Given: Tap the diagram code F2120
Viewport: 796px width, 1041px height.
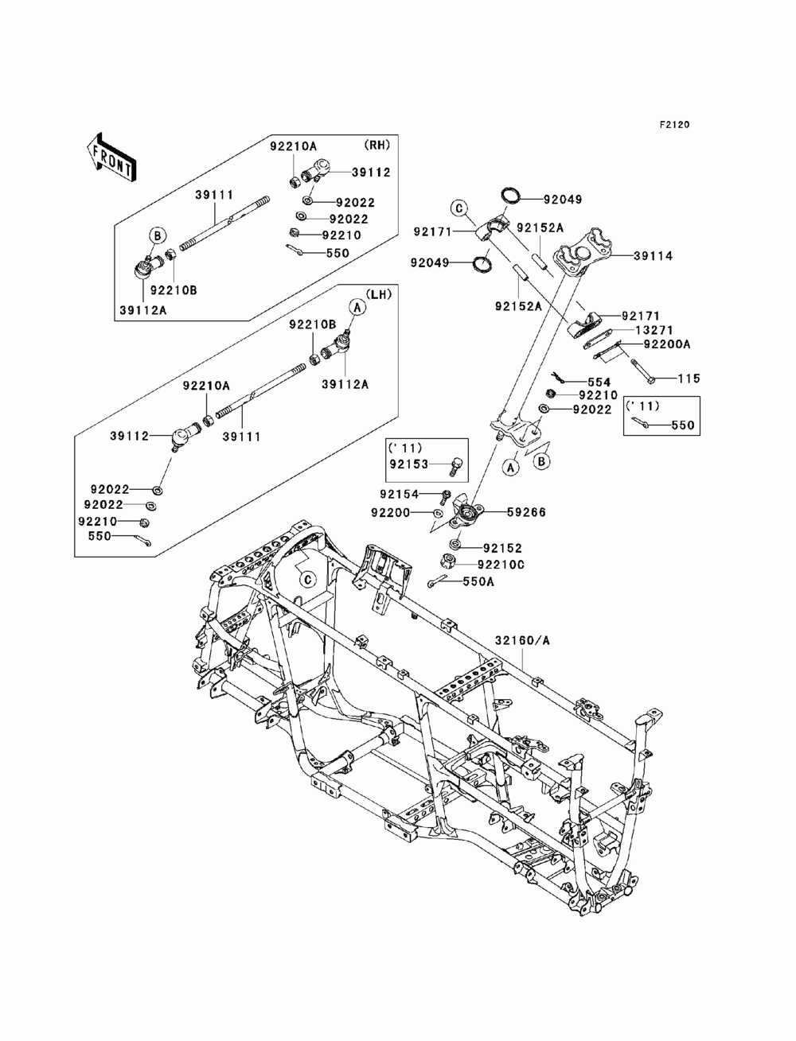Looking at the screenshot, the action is (674, 125).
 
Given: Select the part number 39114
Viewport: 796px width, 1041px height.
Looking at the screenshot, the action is (654, 256).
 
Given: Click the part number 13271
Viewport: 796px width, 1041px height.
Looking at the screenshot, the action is (654, 330).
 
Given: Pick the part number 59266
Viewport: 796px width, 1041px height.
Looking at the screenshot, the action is (526, 512).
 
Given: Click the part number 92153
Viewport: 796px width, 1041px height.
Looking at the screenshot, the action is (409, 464).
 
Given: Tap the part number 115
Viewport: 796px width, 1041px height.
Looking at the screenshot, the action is (689, 379).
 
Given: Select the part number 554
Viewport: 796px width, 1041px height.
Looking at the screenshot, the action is (599, 383).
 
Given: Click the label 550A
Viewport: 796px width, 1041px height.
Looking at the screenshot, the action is (478, 581).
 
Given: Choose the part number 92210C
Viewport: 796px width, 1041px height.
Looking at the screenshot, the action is (501, 565).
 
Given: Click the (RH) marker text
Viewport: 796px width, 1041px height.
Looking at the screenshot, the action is (377, 145).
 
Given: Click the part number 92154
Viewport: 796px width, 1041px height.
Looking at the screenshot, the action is (399, 494).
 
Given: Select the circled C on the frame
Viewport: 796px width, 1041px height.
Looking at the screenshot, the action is (308, 579).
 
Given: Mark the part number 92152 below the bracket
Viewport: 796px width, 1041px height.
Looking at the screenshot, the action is (502, 548).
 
